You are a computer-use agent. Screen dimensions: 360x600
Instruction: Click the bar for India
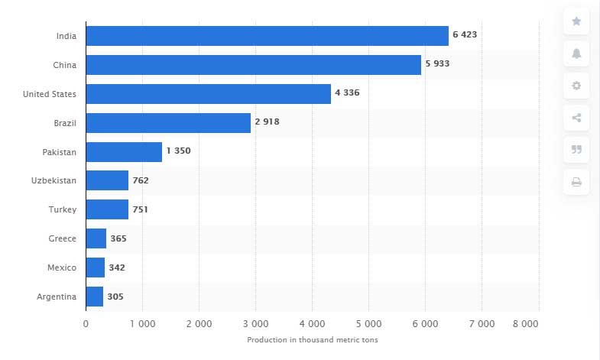[x=267, y=36]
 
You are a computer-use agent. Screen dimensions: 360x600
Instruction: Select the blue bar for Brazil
[x=168, y=123]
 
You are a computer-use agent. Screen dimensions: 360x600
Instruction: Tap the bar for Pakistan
[x=124, y=151]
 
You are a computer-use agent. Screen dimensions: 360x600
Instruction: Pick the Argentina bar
[x=95, y=297]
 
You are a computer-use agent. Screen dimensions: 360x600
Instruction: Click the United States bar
[x=208, y=94]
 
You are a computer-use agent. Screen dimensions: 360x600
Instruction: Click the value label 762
[x=141, y=180]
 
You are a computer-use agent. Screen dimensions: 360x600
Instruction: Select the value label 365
[x=118, y=238]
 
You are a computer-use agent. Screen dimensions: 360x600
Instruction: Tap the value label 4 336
[x=347, y=93]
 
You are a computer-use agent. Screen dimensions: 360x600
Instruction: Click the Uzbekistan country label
[x=55, y=180]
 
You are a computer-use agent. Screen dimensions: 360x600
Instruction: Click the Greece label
[x=62, y=238]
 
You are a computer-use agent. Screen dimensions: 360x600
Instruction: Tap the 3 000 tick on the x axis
[x=255, y=324]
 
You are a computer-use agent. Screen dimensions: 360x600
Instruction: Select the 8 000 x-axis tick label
[x=525, y=324]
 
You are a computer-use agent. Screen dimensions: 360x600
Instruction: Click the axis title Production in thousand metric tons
[x=313, y=340]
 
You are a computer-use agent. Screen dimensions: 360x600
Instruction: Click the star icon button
[x=576, y=21]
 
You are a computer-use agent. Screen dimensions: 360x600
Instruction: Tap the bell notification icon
[x=576, y=54]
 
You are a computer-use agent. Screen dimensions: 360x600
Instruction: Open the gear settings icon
[x=576, y=86]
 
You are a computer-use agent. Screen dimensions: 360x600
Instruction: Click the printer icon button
[x=576, y=182]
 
